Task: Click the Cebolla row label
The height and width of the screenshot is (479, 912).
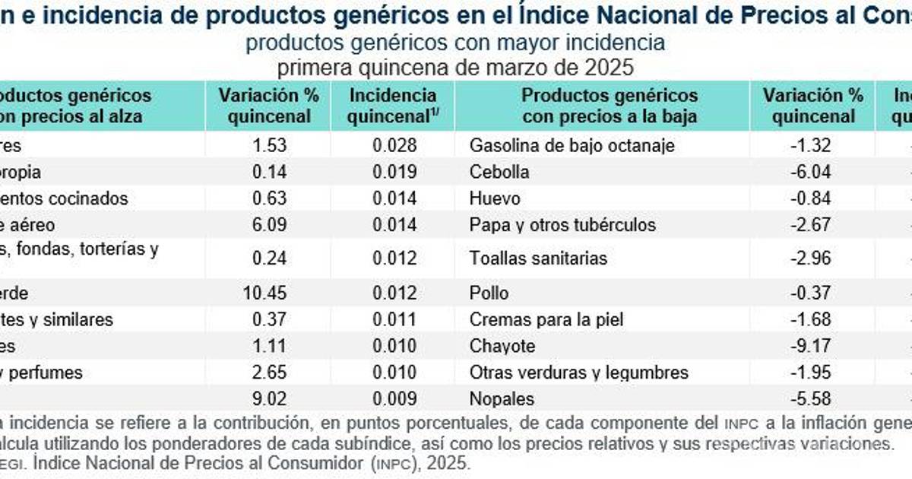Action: (499, 172)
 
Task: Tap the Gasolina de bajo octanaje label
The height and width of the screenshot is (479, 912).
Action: (572, 145)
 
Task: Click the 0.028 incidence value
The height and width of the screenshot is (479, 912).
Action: (394, 145)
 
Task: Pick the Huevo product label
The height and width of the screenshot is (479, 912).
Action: (495, 198)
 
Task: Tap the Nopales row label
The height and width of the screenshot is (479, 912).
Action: (502, 398)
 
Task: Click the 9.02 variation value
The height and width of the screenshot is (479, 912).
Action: (270, 398)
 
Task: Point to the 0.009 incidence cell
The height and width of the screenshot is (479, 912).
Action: (394, 398)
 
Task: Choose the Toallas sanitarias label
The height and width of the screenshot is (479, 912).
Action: (538, 259)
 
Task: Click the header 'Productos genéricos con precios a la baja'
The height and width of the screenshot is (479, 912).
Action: (610, 106)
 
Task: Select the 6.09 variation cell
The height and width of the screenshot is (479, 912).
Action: (270, 225)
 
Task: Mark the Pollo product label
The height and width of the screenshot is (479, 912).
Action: (489, 293)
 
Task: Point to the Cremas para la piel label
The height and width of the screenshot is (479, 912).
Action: (546, 319)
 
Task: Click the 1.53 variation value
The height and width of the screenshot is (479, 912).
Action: (270, 145)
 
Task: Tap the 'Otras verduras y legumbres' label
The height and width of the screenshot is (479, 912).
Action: (579, 373)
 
